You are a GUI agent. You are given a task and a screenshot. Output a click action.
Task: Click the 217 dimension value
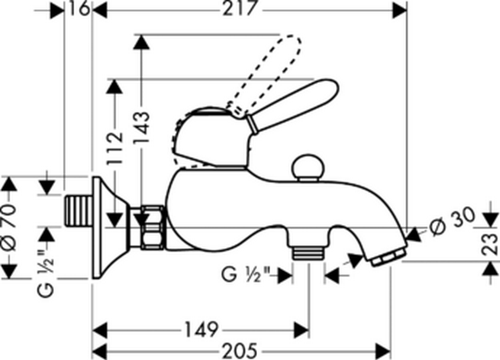click(239, 9)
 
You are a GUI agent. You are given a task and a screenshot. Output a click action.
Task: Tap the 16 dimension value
click(79, 9)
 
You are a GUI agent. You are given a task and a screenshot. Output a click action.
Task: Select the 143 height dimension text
click(141, 127)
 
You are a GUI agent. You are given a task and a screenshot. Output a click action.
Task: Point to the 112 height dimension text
click(115, 148)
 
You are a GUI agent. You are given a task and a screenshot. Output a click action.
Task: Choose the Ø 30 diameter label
click(452, 222)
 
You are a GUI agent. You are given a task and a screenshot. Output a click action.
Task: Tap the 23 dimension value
click(490, 244)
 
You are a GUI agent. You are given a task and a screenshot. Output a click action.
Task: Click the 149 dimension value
click(202, 330)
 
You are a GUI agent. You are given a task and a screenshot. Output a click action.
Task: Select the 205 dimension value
click(240, 351)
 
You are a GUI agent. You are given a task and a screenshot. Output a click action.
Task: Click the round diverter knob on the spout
click(309, 168)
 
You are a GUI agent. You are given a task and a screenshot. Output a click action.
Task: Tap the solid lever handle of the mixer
click(291, 105)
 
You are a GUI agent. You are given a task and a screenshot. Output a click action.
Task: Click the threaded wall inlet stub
click(79, 212)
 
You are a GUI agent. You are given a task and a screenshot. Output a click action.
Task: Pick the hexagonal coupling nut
click(153, 227)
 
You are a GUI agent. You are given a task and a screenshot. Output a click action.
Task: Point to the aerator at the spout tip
click(388, 258)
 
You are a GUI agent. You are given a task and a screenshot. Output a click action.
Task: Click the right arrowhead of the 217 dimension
click(400, 11)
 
